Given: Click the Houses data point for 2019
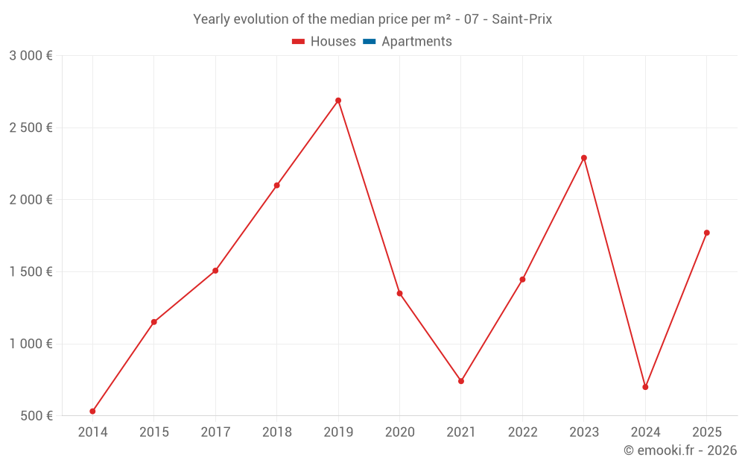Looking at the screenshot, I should click(x=338, y=101).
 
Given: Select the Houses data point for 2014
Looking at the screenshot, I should click(x=92, y=412).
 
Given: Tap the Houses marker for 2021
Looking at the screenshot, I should click(x=461, y=381).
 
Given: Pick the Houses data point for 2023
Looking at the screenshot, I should click(x=584, y=158).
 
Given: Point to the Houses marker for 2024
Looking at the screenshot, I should click(x=645, y=387).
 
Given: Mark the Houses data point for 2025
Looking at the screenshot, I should click(x=707, y=233).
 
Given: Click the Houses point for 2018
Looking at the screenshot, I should click(x=276, y=185).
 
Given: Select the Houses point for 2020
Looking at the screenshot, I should click(x=399, y=293).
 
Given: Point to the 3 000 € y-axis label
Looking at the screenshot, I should click(x=31, y=56).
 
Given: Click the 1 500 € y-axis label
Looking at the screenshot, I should click(x=31, y=272).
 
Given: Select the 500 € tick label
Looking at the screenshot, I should click(x=36, y=416).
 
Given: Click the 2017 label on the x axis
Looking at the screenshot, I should click(x=215, y=432).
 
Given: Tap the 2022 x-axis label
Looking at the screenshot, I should click(x=522, y=432).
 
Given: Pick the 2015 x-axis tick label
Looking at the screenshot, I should click(x=153, y=432).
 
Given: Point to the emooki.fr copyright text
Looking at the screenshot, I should click(x=679, y=450).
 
